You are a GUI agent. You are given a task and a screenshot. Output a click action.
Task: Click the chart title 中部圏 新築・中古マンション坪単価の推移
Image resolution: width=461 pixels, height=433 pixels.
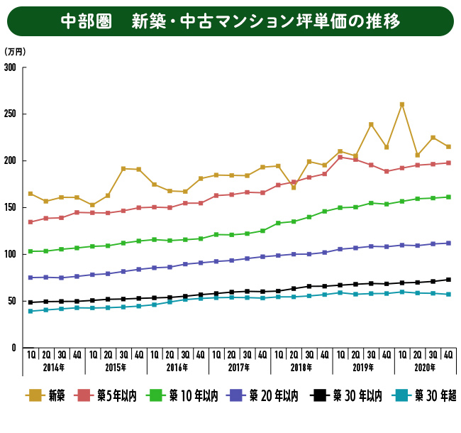coord(230,21)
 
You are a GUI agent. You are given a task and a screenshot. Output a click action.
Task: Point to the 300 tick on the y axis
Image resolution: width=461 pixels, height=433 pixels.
coord(11,67)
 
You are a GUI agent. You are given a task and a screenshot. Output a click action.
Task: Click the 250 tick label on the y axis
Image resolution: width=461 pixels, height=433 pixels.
coord(11,114)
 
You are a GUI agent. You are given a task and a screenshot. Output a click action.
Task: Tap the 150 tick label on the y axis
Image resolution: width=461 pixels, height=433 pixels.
coord(11,207)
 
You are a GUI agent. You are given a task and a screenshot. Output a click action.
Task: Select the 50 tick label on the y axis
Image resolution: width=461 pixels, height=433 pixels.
coord(13,301)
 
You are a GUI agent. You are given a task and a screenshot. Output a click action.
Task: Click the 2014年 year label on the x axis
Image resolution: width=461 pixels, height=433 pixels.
coord(54,368)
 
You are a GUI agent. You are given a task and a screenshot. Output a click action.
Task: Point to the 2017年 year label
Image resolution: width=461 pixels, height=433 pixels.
coord(239,368)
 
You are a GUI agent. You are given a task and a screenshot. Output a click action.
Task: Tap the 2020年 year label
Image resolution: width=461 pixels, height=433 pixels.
coord(425,368)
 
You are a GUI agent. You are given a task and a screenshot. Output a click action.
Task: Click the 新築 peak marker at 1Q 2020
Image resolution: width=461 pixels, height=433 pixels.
coord(402,104)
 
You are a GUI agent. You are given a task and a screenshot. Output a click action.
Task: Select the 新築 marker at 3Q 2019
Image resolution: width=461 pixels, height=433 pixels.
coord(371,125)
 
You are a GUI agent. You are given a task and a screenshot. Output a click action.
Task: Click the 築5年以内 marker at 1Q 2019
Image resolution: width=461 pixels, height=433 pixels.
coord(340,157)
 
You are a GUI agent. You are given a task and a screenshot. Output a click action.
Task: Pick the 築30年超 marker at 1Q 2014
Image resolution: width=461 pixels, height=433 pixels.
coord(30,311)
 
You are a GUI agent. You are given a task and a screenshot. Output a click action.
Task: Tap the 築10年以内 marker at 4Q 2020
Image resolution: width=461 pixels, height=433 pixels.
coord(448,197)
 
